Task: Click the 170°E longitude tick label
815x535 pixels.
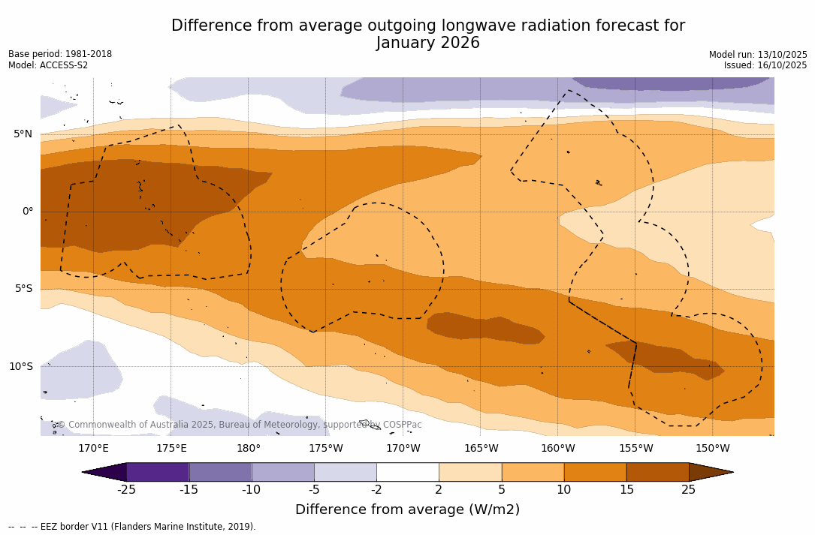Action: [93, 449]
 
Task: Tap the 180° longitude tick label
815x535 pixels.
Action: [249, 449]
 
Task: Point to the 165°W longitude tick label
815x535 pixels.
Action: [481, 449]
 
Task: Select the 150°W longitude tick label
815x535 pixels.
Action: [712, 449]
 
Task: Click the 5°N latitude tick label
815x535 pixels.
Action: [23, 134]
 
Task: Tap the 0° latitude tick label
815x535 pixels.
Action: [27, 212]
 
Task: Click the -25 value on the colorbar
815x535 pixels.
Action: [126, 490]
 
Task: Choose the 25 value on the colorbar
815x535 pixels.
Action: [689, 490]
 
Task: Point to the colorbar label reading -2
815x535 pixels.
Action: [376, 490]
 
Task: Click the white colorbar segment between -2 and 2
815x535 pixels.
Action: [407, 472]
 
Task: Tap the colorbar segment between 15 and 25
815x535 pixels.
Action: [657, 472]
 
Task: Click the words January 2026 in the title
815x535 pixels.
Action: [427, 44]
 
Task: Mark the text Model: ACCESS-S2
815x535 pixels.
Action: [48, 65]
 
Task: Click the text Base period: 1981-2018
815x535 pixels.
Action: [60, 54]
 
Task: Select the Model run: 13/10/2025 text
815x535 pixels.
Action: [757, 55]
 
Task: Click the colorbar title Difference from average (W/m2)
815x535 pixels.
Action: [407, 510]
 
